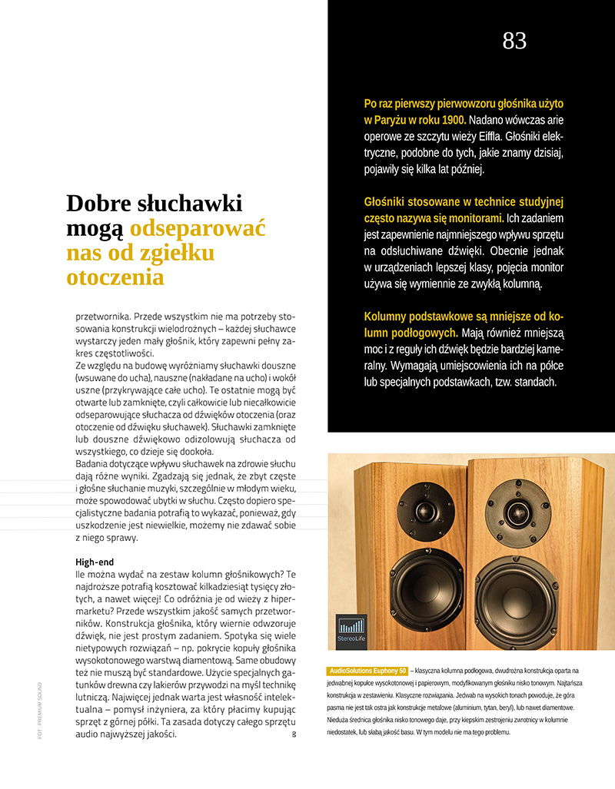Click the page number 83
pyautogui.click(x=514, y=41)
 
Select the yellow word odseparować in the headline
pyautogui.click(x=198, y=228)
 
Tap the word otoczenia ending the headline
pyautogui.click(x=115, y=277)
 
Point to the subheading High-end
pyautogui.click(x=96, y=562)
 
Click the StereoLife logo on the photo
pyautogui.click(x=351, y=632)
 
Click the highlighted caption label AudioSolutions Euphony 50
pyautogui.click(x=367, y=671)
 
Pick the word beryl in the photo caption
pyautogui.click(x=501, y=707)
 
